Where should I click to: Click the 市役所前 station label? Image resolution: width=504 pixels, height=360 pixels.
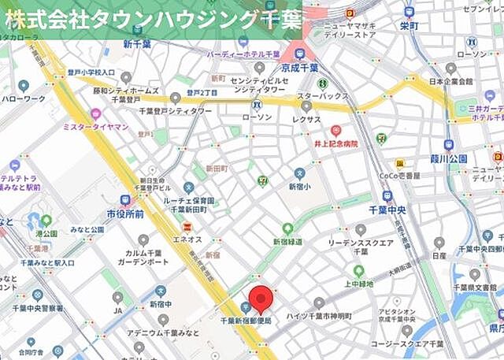pos(125,213)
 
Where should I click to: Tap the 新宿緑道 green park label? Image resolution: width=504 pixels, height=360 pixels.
pos(288,241)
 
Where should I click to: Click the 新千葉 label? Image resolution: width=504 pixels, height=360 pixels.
pos(137,45)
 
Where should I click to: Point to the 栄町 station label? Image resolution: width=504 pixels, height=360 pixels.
pos(409,25)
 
